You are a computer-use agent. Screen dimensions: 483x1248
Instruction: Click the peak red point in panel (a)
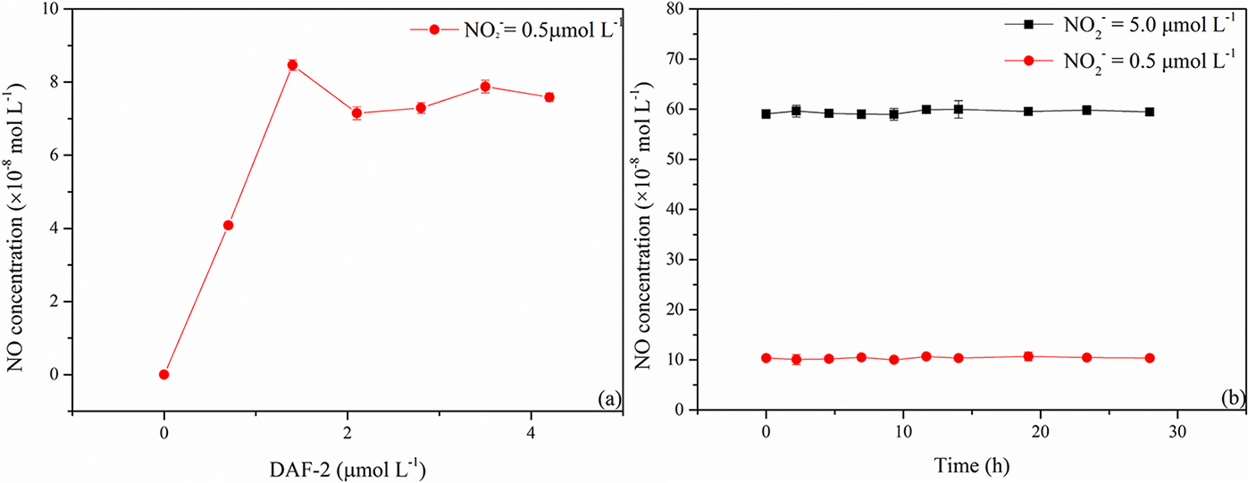292,65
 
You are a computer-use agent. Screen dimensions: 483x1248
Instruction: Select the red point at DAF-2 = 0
163,374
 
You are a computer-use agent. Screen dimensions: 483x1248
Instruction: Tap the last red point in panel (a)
549,97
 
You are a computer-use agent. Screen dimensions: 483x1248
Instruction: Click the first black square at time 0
766,113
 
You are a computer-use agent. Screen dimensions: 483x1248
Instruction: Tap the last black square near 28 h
1150,112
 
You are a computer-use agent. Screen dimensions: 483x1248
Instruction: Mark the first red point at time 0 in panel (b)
766,358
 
